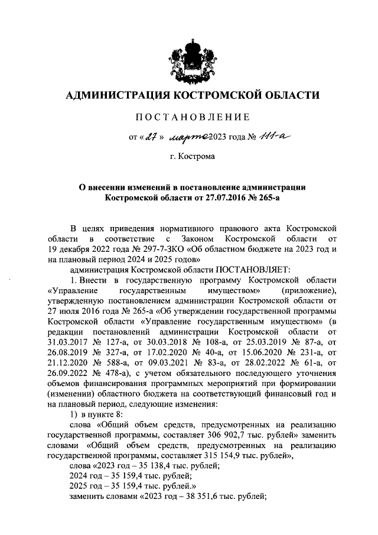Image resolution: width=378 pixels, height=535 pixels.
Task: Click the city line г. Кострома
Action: pos(193,158)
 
